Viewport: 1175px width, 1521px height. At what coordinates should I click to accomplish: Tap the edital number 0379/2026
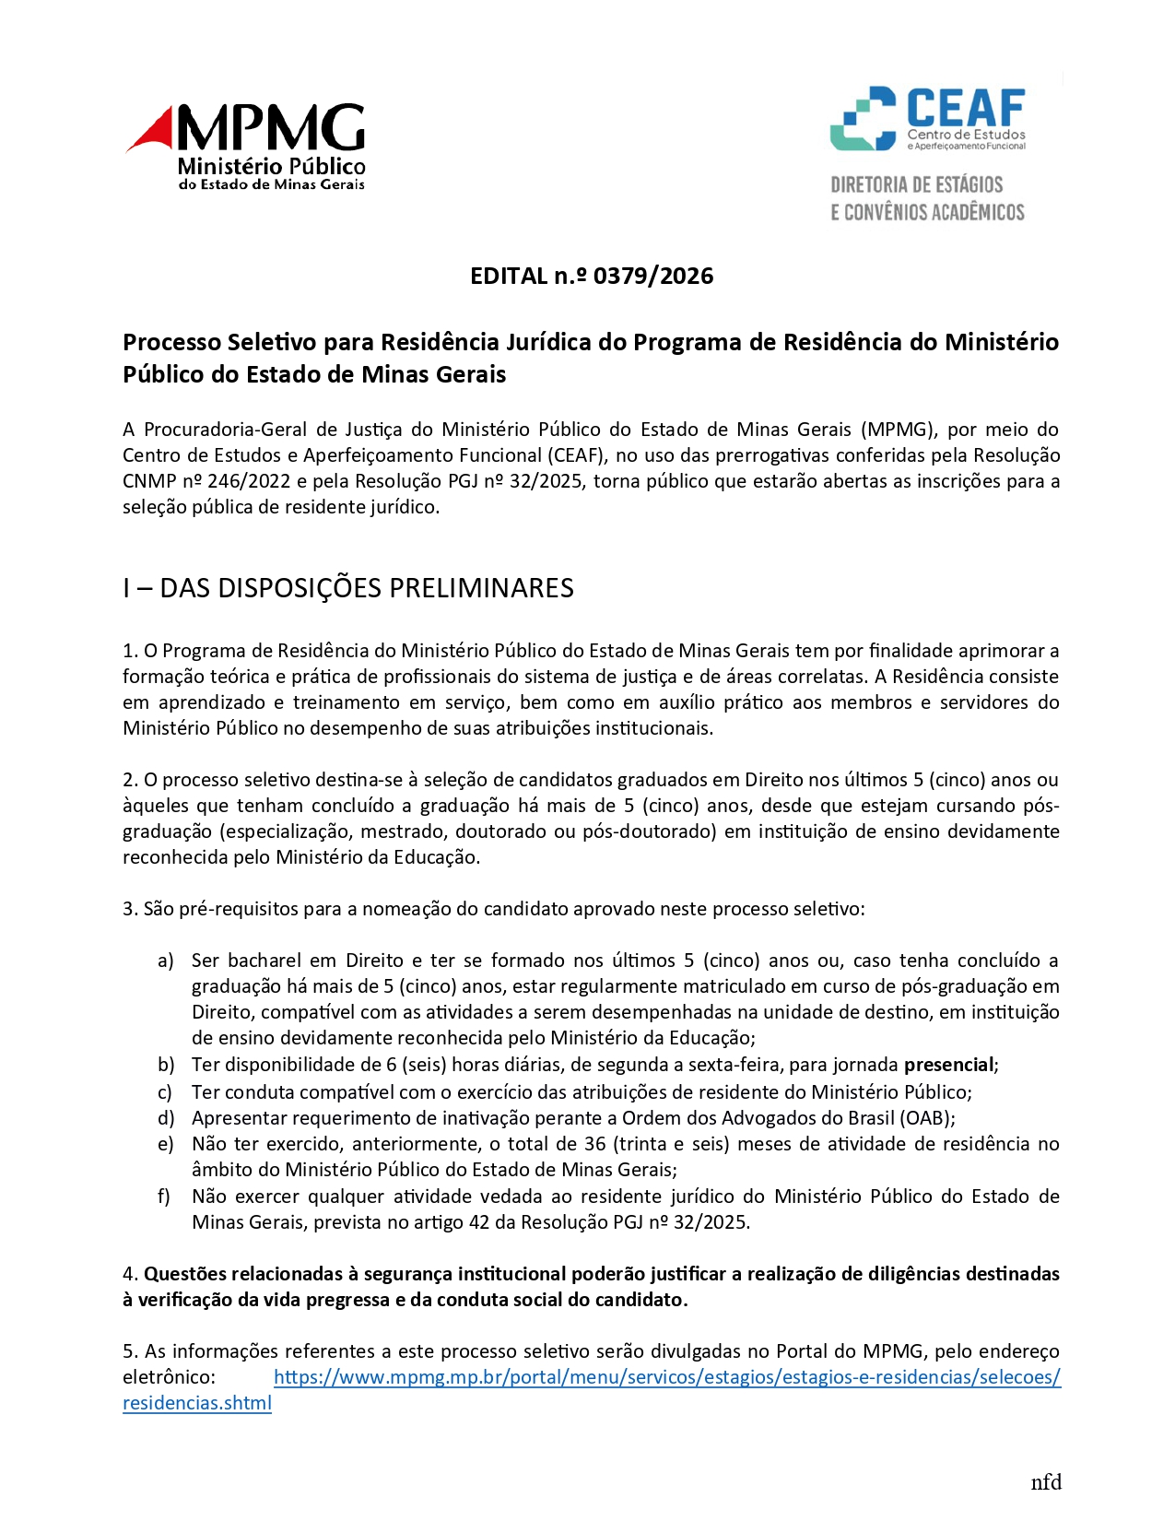pyautogui.click(x=653, y=276)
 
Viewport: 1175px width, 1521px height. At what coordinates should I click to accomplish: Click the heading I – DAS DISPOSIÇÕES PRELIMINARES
pyautogui.click(x=348, y=588)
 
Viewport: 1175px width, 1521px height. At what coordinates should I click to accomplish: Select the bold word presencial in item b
pyautogui.click(x=948, y=1065)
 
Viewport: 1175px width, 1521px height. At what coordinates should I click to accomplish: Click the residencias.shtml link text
pyautogui.click(x=197, y=1403)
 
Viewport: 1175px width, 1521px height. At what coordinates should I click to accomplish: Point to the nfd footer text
pyautogui.click(x=1046, y=1482)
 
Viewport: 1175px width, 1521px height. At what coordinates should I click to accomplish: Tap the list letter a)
pyautogui.click(x=166, y=961)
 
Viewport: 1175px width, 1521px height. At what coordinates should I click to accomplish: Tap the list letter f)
pyautogui.click(x=164, y=1197)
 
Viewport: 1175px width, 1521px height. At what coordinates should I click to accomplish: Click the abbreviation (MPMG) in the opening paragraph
pyautogui.click(x=898, y=430)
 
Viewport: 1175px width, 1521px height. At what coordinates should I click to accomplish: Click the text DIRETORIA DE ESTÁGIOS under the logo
pyautogui.click(x=916, y=184)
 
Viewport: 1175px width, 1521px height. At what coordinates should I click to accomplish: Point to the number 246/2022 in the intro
pyautogui.click(x=249, y=481)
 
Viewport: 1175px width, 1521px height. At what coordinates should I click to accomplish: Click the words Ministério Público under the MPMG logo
pyautogui.click(x=271, y=167)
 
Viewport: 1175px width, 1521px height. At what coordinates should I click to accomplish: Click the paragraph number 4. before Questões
pyautogui.click(x=130, y=1274)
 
